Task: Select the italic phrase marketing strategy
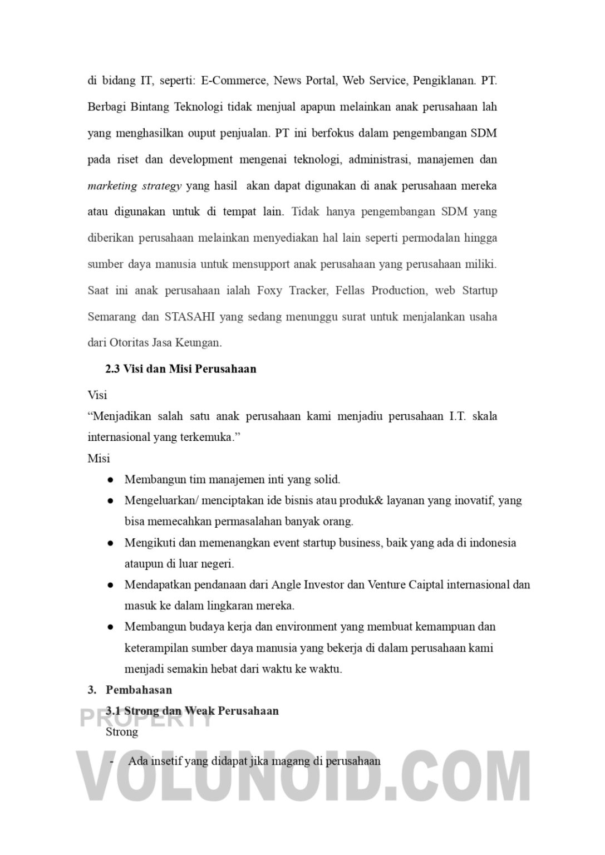135,186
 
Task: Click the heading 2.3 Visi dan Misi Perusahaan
181,369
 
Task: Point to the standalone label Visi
97,395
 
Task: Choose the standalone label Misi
99,459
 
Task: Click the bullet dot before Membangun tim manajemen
111,480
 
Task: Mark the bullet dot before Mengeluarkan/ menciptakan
111,501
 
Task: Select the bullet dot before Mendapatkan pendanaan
111,585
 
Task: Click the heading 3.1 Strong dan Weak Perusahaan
192,711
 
